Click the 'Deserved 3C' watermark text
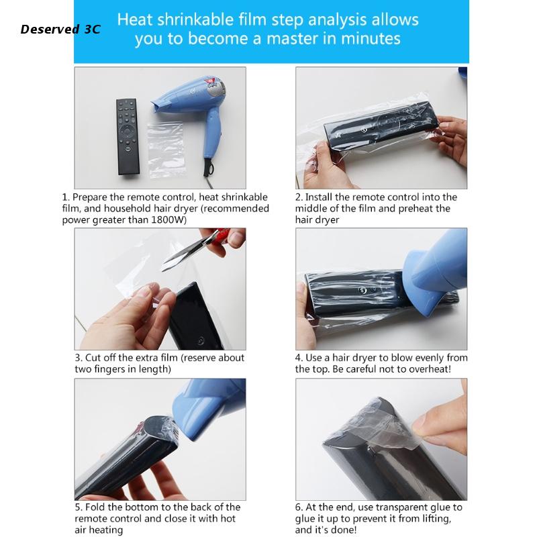pyautogui.click(x=60, y=29)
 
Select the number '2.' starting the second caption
pyautogui.click(x=299, y=197)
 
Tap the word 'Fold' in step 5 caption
pyautogui.click(x=97, y=507)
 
